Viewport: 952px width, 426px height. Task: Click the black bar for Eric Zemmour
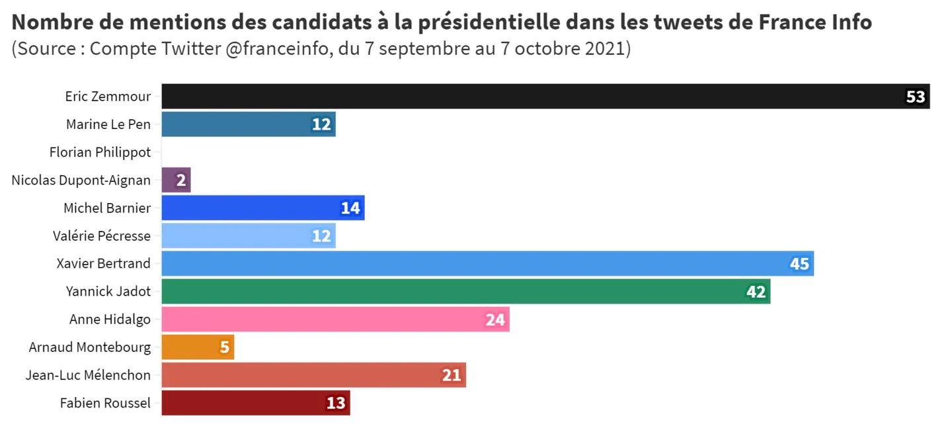point(529,97)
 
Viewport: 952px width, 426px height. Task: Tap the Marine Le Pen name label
point(108,124)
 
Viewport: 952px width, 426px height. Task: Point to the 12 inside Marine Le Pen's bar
point(321,124)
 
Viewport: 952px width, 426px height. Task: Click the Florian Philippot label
point(100,152)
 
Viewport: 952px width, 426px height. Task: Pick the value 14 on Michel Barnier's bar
point(350,208)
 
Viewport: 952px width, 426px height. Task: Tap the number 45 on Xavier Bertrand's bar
point(799,264)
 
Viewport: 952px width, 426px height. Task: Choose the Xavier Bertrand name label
point(103,263)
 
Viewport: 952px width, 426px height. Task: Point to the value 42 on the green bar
point(756,292)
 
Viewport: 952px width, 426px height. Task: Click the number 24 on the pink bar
point(495,320)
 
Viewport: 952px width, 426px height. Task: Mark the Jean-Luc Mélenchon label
point(88,375)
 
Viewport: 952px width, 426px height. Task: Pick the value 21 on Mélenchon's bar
point(452,376)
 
